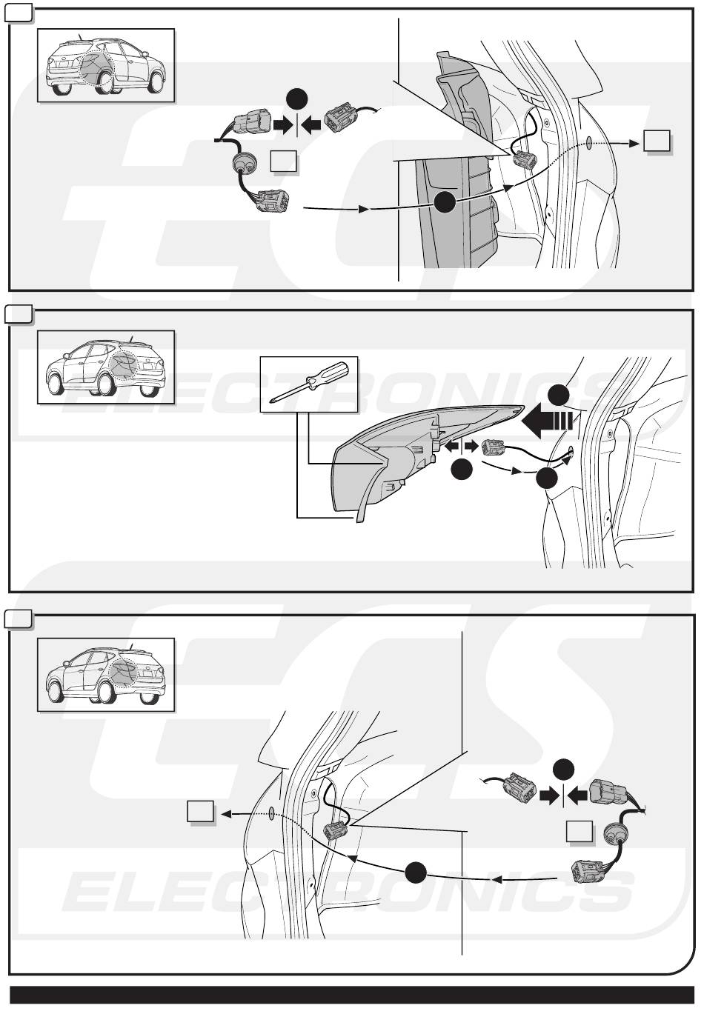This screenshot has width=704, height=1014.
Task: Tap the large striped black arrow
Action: pyautogui.click(x=547, y=421)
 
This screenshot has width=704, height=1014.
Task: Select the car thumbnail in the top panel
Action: pyautogui.click(x=106, y=65)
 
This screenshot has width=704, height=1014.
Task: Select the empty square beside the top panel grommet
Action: pyautogui.click(x=283, y=161)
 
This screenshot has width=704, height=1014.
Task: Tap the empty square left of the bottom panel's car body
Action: pyautogui.click(x=200, y=811)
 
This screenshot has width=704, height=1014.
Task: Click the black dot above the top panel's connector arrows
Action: pyautogui.click(x=297, y=99)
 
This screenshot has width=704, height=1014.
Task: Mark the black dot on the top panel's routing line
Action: pyautogui.click(x=445, y=201)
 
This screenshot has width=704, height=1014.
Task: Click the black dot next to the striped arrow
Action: pyautogui.click(x=559, y=395)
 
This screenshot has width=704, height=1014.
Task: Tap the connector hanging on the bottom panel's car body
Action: pyautogui.click(x=335, y=830)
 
